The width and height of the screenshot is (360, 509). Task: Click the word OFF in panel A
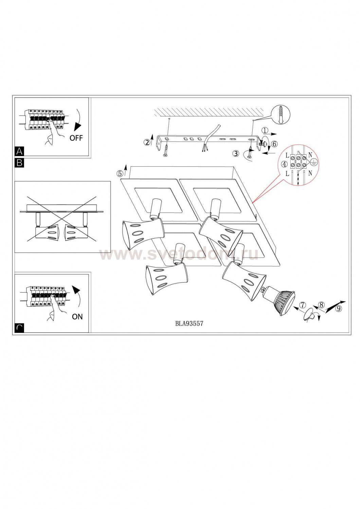76,138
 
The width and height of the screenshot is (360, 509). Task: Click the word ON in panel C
77,317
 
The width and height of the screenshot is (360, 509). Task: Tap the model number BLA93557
189,323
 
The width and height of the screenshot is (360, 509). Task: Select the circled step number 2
147,143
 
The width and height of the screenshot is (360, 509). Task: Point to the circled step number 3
236,153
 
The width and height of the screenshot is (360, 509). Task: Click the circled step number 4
284,165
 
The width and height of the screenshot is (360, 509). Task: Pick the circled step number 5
120,173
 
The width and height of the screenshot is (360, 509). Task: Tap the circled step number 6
274,144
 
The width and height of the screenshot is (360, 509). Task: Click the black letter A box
19,151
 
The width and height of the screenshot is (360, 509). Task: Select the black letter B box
19,163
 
